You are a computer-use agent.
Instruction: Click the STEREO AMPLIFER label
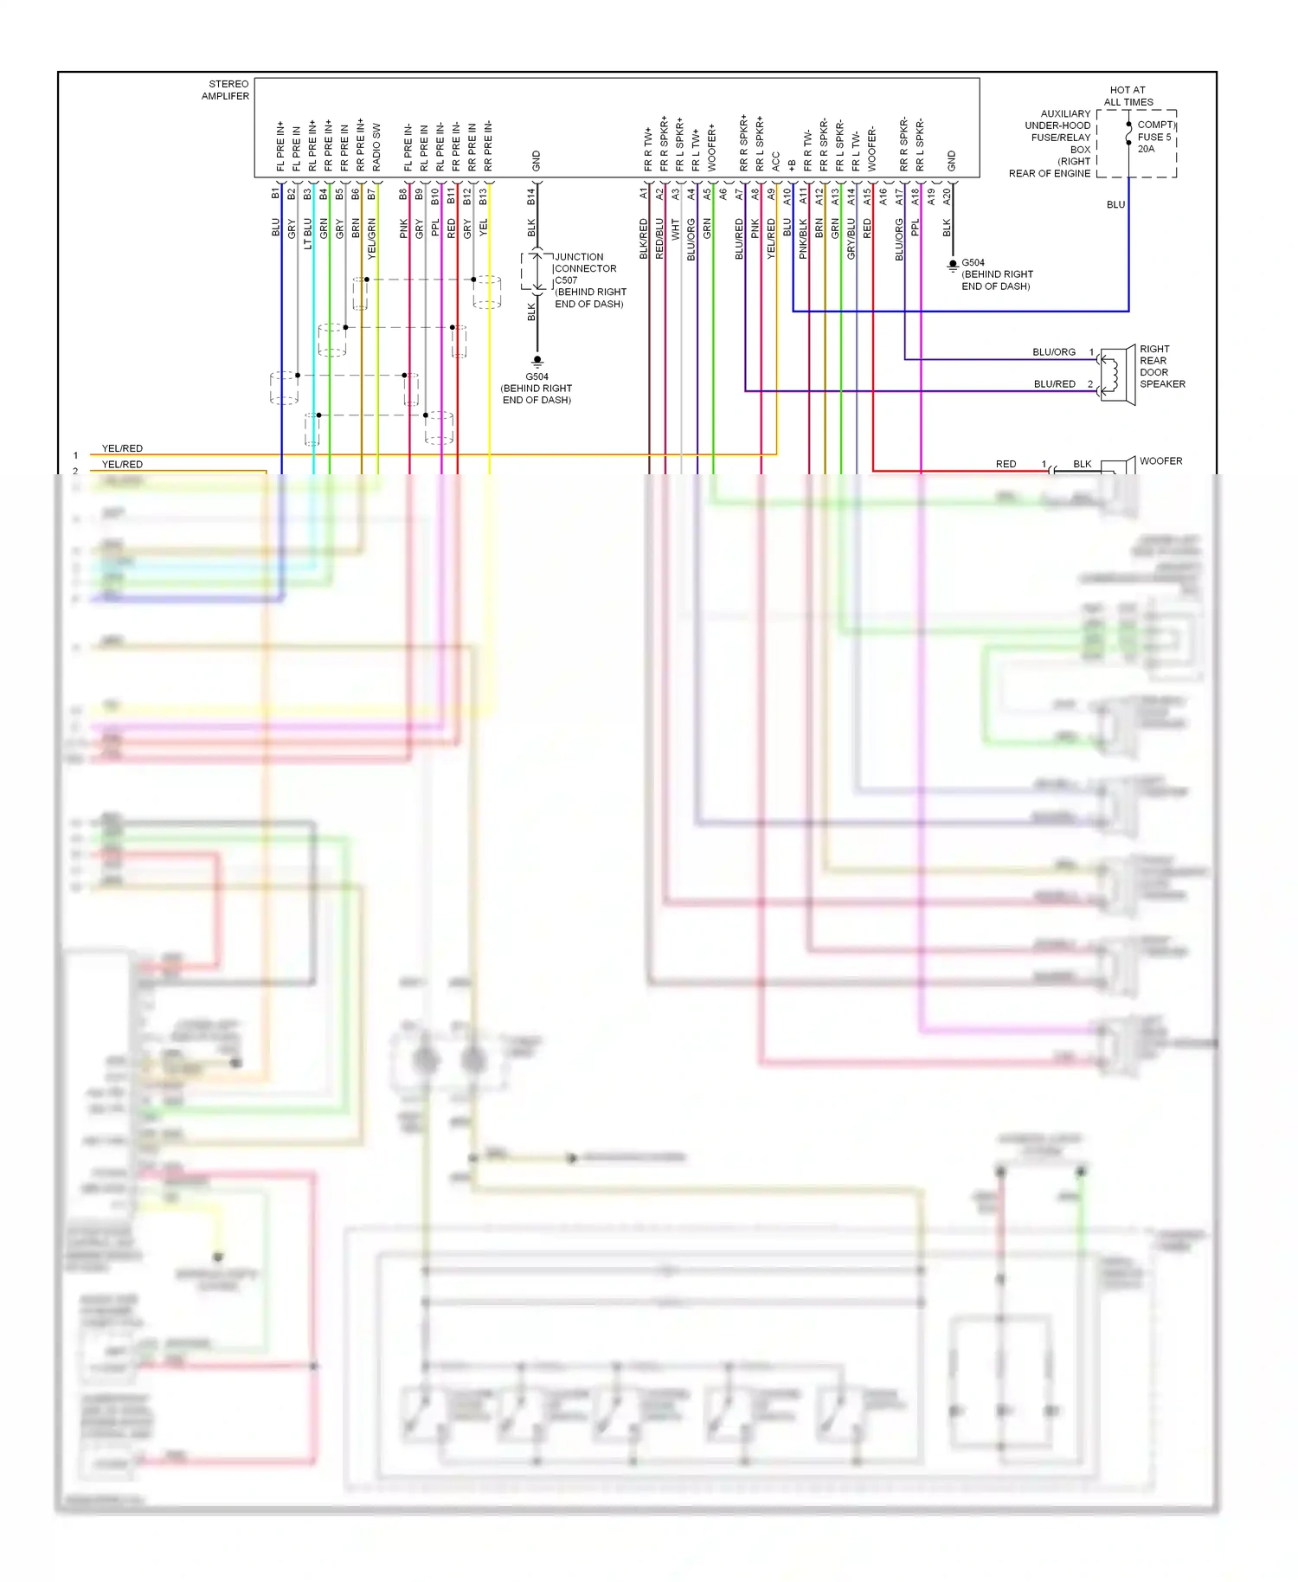[x=225, y=90]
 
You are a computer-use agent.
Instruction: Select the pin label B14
[x=531, y=197]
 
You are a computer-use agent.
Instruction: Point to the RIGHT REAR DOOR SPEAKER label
[x=1161, y=367]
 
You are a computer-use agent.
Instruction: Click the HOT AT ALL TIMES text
[x=1128, y=96]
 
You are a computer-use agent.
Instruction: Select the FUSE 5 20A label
[x=1153, y=137]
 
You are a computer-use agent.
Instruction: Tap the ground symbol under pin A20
[x=952, y=265]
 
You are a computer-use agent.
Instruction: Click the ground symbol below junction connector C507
[x=537, y=360]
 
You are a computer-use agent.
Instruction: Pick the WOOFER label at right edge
[x=1160, y=461]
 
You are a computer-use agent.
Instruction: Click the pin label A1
[x=644, y=194]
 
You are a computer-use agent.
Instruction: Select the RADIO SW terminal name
[x=376, y=147]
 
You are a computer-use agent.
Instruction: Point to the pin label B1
[x=276, y=194]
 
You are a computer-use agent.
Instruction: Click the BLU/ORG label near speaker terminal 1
[x=1053, y=352]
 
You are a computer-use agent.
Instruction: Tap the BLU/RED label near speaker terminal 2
[x=1054, y=384]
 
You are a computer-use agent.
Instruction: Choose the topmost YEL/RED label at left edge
[x=122, y=448]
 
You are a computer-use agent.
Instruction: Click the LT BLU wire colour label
[x=308, y=234]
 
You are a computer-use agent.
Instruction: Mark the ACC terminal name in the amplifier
[x=776, y=162]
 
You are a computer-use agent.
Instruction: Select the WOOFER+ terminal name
[x=712, y=147]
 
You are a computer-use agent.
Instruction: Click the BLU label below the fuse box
[x=1115, y=205]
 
